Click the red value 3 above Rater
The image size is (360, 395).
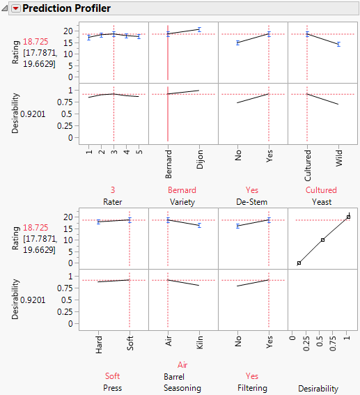[113, 189]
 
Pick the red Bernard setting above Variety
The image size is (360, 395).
[182, 189]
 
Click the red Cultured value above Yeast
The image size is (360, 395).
[321, 189]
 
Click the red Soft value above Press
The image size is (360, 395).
[113, 376]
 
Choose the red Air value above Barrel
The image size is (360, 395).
[182, 364]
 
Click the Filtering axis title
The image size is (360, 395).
[252, 387]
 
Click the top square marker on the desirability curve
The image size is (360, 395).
[349, 217]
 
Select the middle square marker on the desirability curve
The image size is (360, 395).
[323, 240]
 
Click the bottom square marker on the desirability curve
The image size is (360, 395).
[299, 263]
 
